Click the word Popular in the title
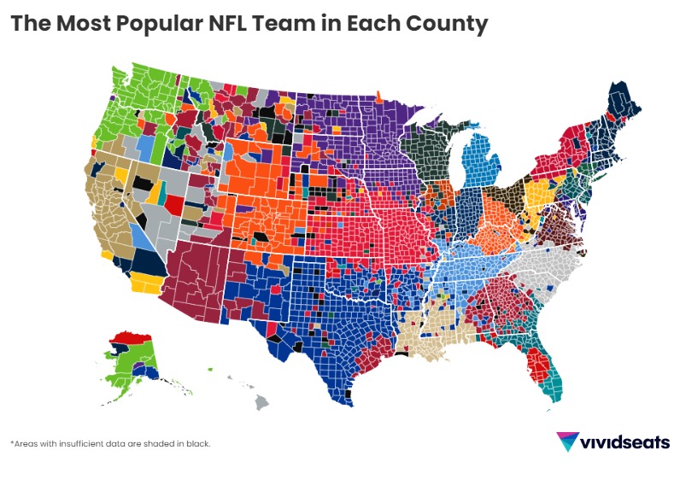pos(152,24)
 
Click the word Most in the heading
pos(83,24)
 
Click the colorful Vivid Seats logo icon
pos(566,441)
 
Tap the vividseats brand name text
pos(624,442)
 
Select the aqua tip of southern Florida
pos(556,393)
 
